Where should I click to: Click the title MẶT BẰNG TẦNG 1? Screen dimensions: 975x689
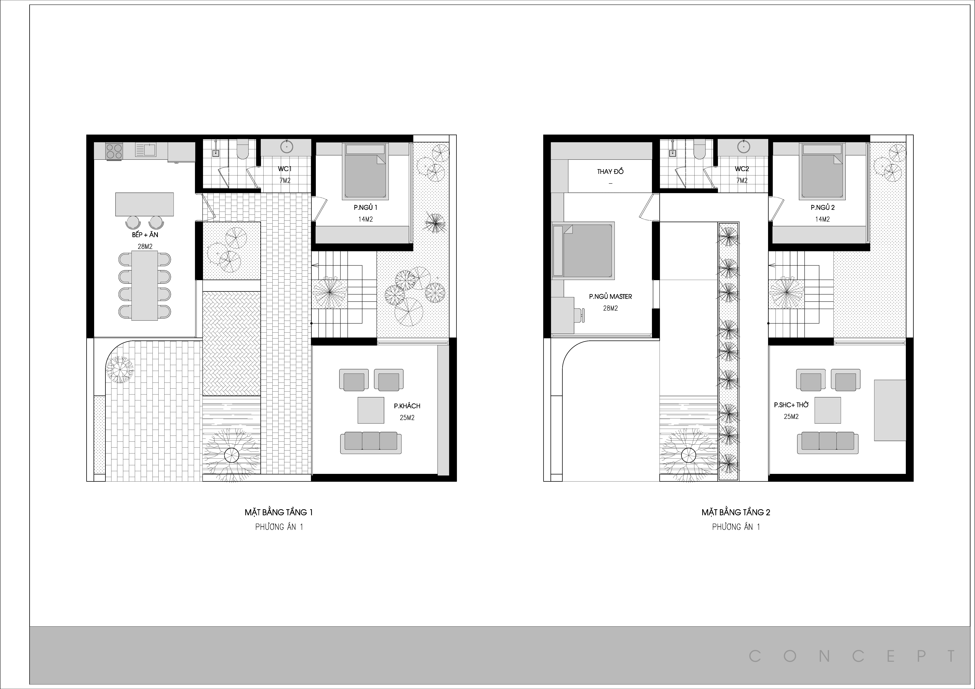(x=278, y=512)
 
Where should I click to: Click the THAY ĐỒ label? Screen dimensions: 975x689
(x=610, y=172)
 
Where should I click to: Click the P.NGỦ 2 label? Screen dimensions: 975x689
(x=822, y=208)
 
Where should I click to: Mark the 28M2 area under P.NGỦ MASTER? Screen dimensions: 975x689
(x=610, y=308)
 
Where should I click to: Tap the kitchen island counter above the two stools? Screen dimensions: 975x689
(x=144, y=204)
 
